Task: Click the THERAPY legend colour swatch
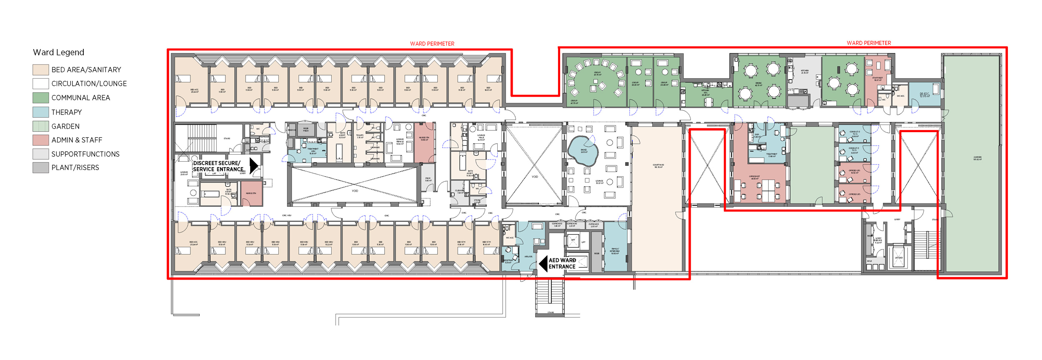coord(40,112)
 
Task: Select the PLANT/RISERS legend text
coord(75,167)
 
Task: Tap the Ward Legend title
coord(58,52)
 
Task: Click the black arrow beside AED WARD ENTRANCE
coord(543,263)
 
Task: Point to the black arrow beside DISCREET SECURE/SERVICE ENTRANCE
coord(253,165)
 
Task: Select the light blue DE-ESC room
coord(924,95)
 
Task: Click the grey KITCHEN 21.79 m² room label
coord(804,72)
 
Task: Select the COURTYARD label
coord(658,166)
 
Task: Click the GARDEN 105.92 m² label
coord(977,158)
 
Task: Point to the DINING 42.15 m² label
coord(758,84)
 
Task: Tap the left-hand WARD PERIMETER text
coord(432,44)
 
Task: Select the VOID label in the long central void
coord(355,191)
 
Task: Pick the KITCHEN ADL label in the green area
coord(705,92)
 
